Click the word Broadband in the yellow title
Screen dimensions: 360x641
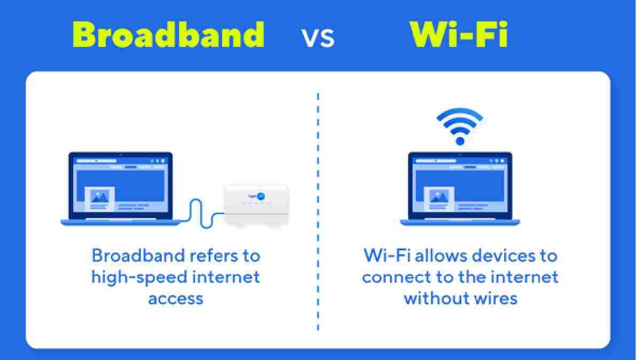(169, 35)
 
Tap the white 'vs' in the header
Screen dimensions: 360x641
(318, 38)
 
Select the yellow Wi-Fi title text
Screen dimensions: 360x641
(459, 35)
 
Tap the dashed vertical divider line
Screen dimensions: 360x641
(318, 213)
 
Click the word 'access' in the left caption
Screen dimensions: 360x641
(176, 298)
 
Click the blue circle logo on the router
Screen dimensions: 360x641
(260, 196)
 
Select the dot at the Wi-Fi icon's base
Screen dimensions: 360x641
(459, 141)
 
